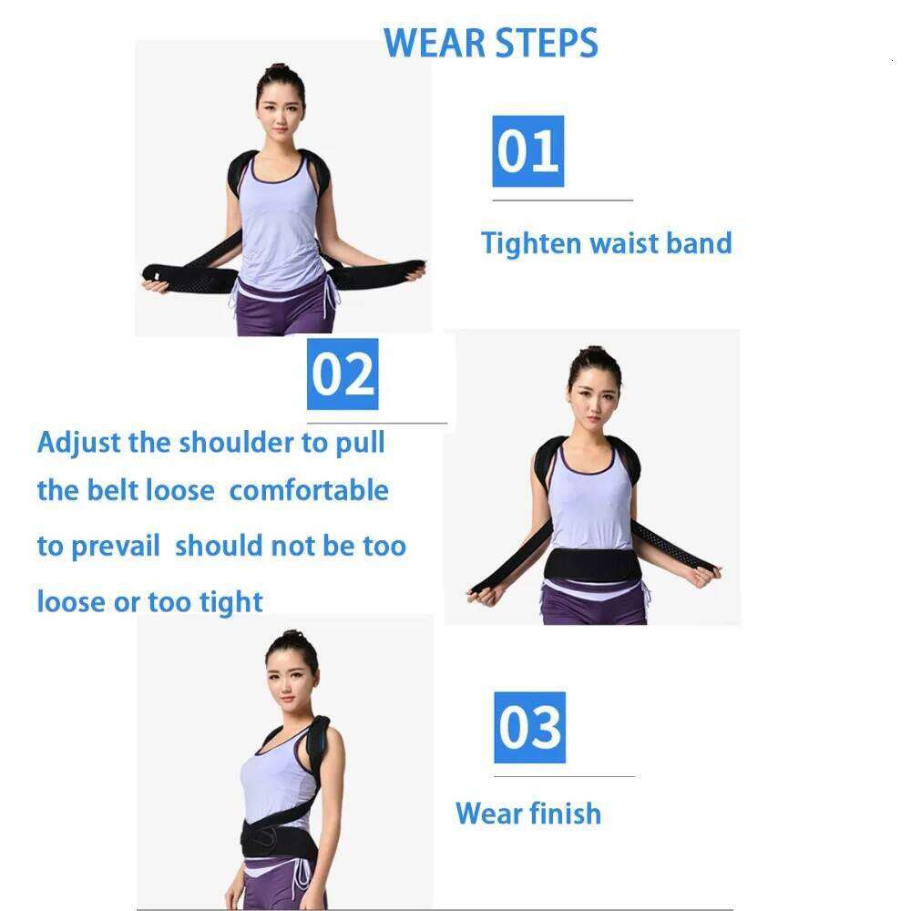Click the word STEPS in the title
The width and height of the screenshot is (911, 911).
545,44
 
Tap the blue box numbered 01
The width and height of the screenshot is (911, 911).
528,151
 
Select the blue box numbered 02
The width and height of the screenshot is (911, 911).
343,374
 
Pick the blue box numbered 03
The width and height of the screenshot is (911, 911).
529,727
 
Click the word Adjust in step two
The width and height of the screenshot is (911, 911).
79,443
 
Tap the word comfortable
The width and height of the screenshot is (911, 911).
309,491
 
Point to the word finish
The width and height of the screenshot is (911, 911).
560,813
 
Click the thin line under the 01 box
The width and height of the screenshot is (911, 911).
562,200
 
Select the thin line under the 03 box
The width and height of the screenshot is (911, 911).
564,776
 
